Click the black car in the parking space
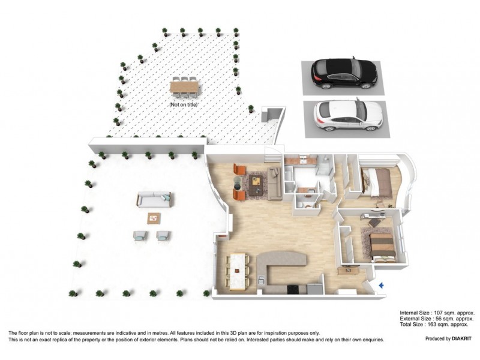pyautogui.click(x=344, y=73)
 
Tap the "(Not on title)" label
pyautogui.click(x=183, y=105)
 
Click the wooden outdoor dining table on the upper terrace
pyautogui.click(x=183, y=88)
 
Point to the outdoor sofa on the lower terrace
pyautogui.click(x=154, y=199)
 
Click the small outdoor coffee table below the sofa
pyautogui.click(x=154, y=217)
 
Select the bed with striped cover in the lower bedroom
pyautogui.click(x=382, y=246)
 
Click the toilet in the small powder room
pyautogui.click(x=308, y=204)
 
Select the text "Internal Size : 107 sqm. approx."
pyautogui.click(x=437, y=313)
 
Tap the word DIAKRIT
pyautogui.click(x=461, y=339)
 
